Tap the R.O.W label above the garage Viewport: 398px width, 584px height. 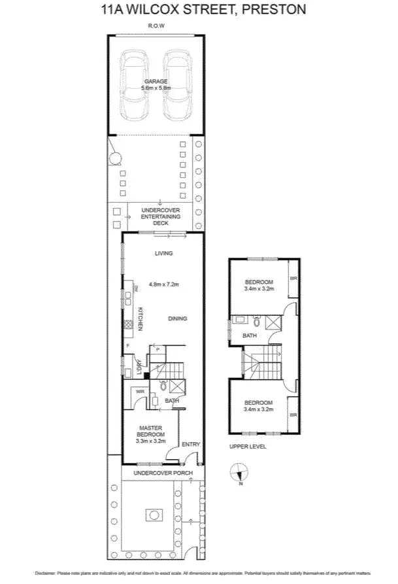(x=156, y=27)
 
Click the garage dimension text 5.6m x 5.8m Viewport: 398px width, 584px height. (x=157, y=87)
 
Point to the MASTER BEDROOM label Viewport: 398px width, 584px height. (x=150, y=432)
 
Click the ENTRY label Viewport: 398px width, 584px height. (x=190, y=444)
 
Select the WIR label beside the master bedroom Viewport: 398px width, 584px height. (x=140, y=392)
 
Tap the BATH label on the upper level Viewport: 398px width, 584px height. (x=250, y=335)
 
